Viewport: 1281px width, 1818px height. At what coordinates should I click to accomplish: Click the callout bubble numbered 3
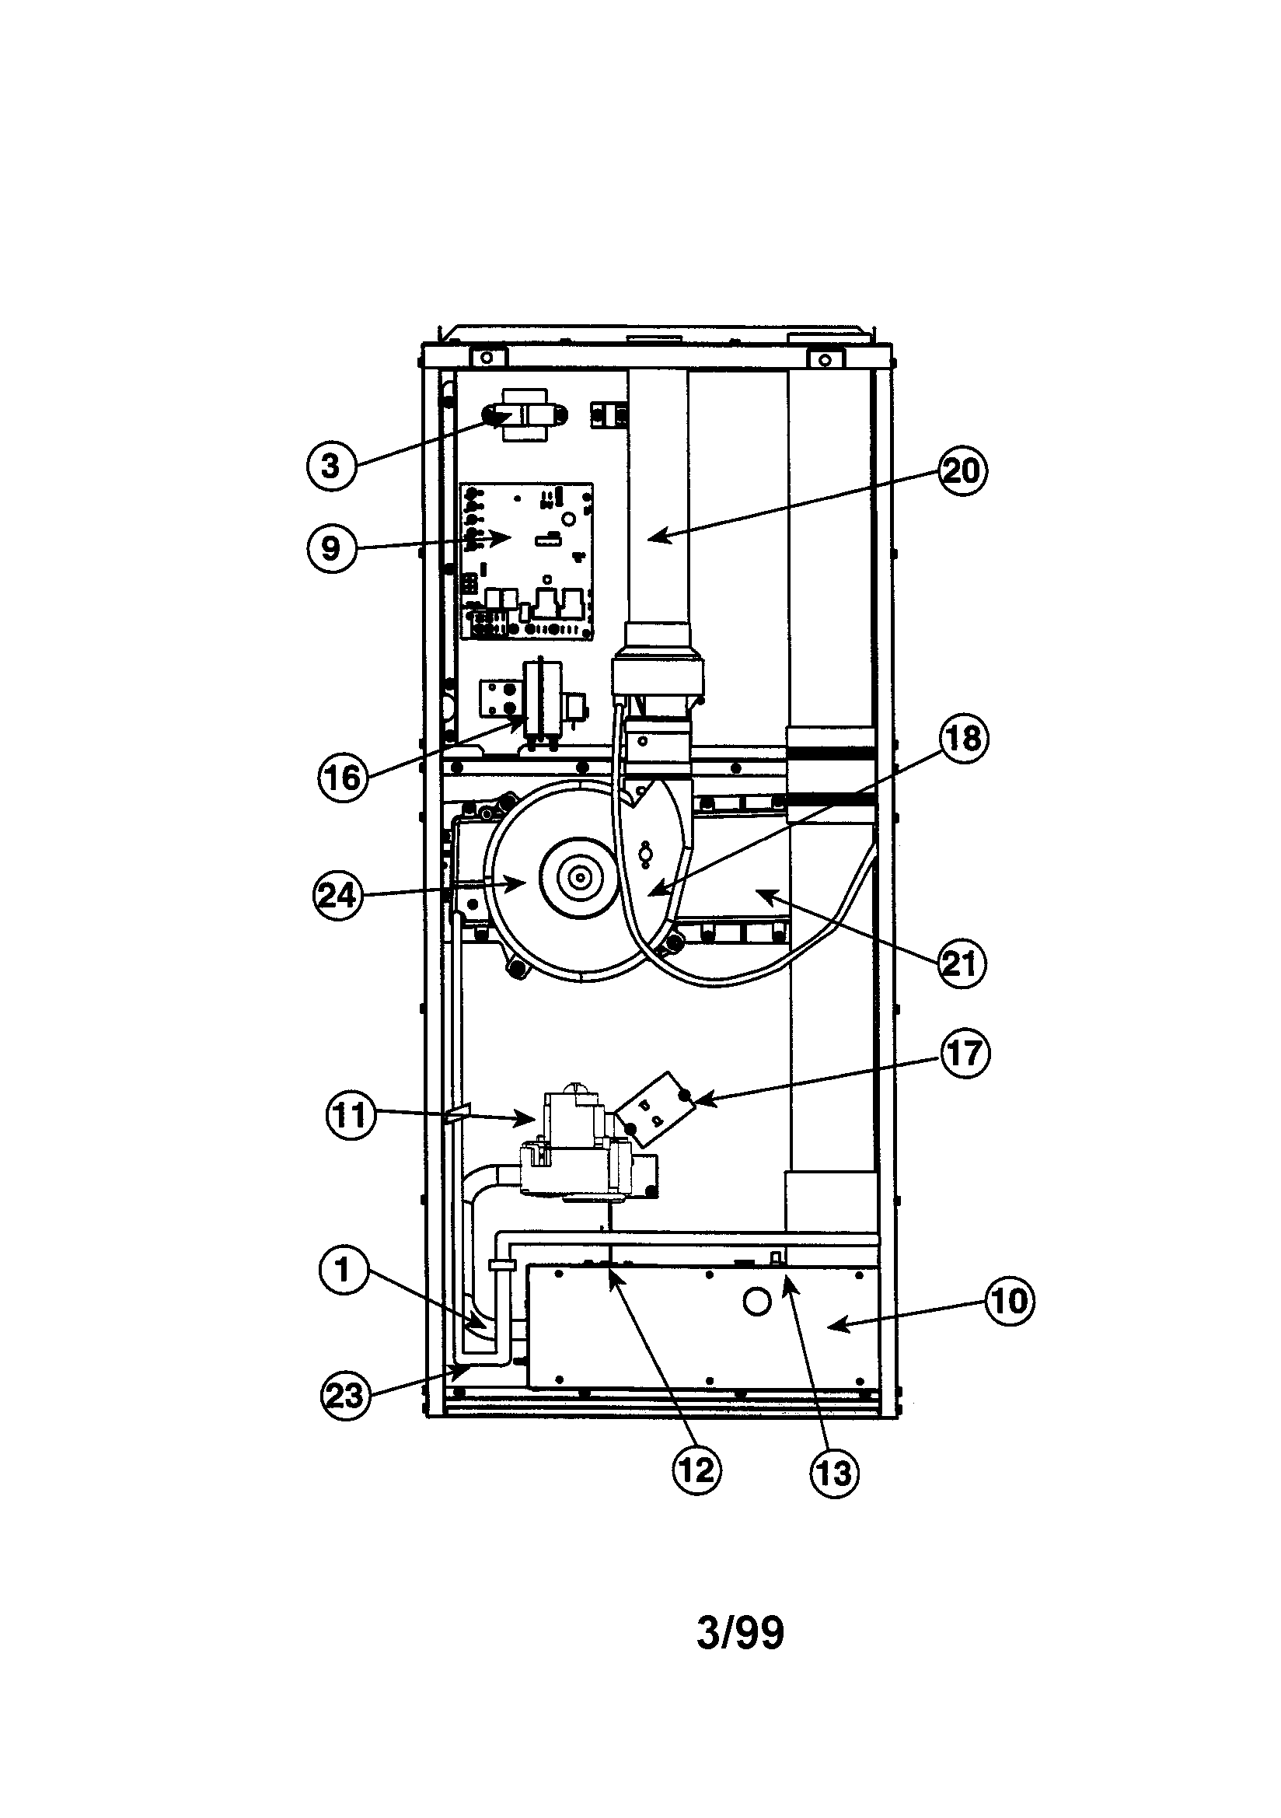click(x=332, y=466)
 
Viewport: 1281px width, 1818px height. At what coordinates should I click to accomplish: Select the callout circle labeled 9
click(x=332, y=548)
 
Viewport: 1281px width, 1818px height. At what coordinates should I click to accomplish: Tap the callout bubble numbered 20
click(x=963, y=471)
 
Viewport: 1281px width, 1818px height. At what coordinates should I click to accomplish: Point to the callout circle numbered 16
click(x=344, y=777)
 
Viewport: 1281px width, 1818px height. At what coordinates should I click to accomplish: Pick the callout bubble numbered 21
click(x=962, y=963)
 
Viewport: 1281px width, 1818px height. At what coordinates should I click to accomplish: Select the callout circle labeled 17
click(x=965, y=1053)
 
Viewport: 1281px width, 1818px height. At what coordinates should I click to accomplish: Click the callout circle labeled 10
click(x=1010, y=1301)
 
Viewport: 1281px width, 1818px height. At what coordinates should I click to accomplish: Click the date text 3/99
click(x=740, y=1633)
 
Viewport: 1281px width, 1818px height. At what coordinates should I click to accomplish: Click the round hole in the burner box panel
click(x=758, y=1302)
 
